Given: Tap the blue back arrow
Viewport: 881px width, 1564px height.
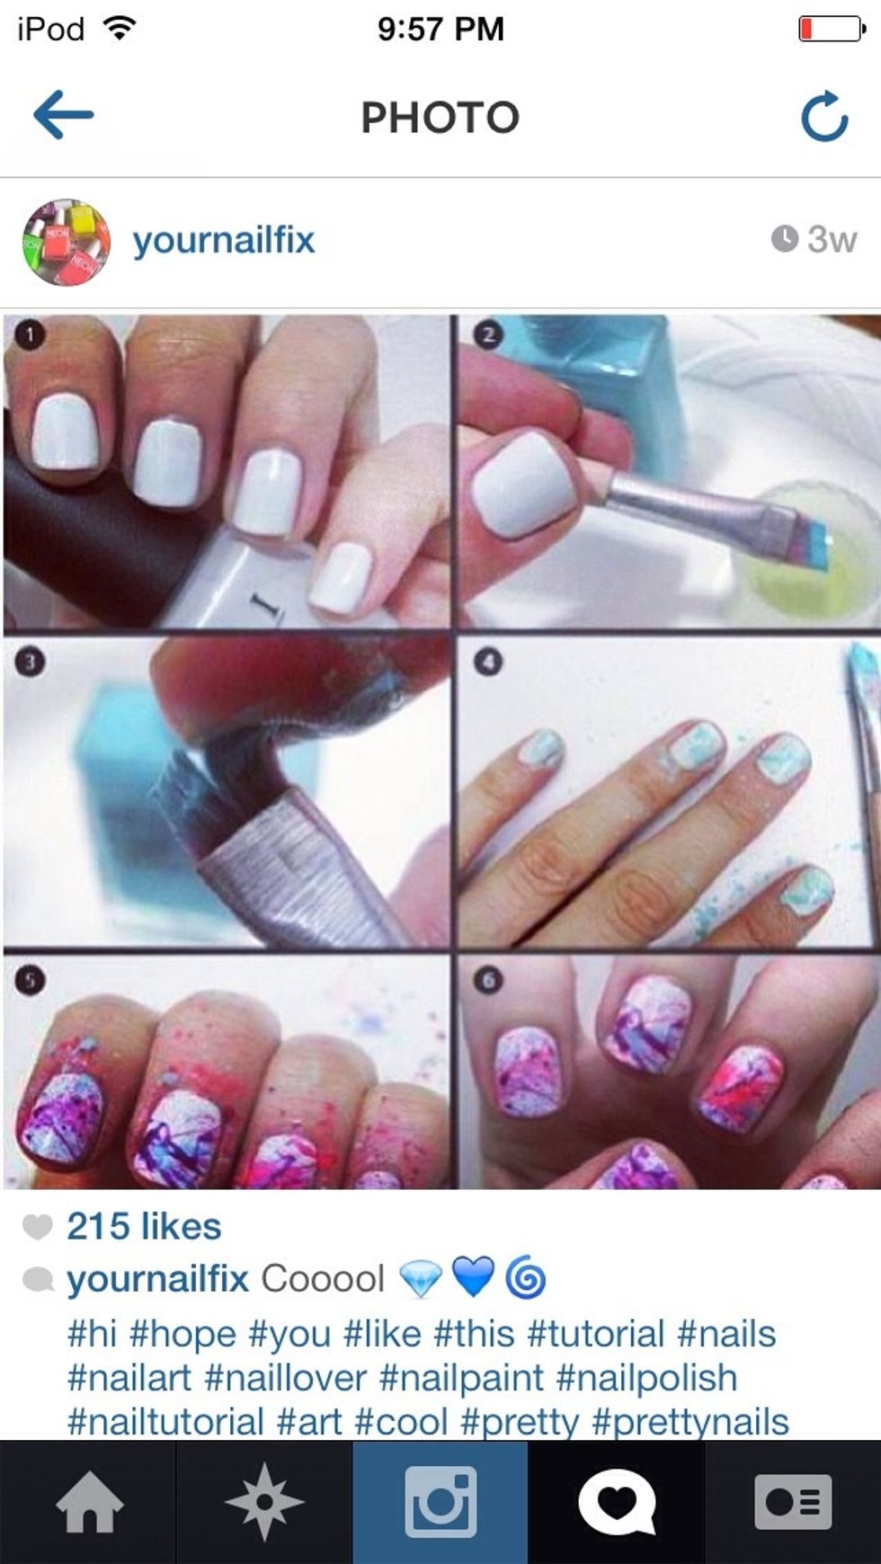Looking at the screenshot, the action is [63, 114].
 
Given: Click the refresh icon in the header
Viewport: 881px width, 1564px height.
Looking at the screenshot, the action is [824, 116].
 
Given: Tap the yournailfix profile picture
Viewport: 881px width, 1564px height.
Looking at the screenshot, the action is [67, 242].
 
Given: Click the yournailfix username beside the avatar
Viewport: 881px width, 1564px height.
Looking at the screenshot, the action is [224, 240].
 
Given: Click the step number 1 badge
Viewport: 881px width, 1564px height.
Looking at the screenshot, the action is [30, 335].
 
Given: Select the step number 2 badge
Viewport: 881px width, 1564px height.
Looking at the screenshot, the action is [487, 335].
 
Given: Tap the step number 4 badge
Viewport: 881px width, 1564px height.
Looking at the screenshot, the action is [487, 662].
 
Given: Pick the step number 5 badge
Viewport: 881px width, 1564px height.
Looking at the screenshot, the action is [30, 979].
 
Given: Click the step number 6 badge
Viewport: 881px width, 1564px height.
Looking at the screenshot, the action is [487, 979].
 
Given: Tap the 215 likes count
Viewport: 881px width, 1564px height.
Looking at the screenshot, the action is [144, 1226].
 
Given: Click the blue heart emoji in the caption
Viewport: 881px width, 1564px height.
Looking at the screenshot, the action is [473, 1277].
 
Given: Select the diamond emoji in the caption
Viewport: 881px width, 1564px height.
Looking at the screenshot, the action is [420, 1278].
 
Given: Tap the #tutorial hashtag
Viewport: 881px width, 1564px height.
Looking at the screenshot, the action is [595, 1334].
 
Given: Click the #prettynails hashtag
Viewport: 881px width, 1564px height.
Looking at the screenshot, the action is [690, 1422].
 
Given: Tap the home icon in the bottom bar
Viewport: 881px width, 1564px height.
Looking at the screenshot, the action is [89, 1502].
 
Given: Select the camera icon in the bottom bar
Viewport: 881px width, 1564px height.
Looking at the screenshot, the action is [440, 1501].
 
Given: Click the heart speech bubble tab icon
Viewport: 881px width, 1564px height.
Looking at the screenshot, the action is [617, 1501].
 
